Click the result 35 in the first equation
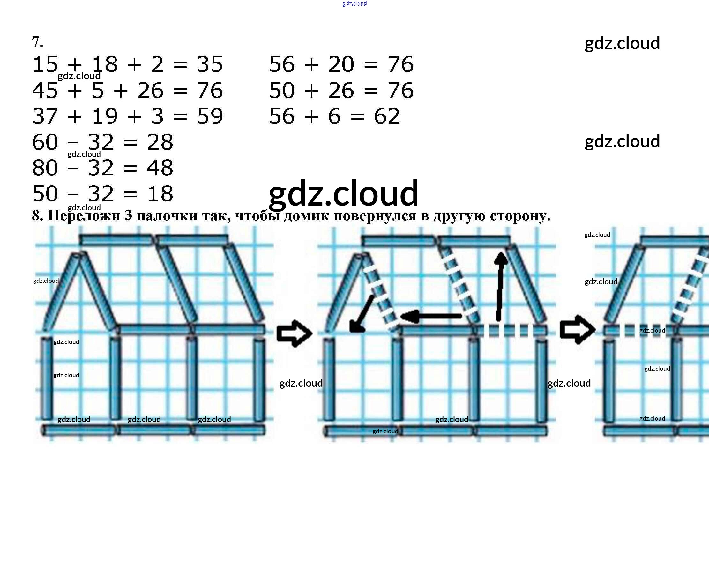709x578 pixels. click(x=210, y=64)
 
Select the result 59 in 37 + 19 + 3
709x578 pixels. click(x=210, y=116)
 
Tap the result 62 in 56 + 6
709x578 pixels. click(x=387, y=116)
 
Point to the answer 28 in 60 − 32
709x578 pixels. click(x=160, y=142)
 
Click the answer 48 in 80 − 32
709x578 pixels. click(x=160, y=168)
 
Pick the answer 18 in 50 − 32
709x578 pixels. click(x=160, y=194)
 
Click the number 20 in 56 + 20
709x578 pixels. click(x=341, y=64)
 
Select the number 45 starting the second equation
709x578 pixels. click(x=45, y=90)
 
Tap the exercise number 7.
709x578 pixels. click(x=38, y=42)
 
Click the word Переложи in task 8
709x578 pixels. click(x=84, y=216)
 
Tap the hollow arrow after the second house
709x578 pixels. click(x=578, y=330)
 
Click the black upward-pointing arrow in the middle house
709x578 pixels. click(x=500, y=286)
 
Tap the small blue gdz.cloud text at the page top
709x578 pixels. click(x=355, y=4)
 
